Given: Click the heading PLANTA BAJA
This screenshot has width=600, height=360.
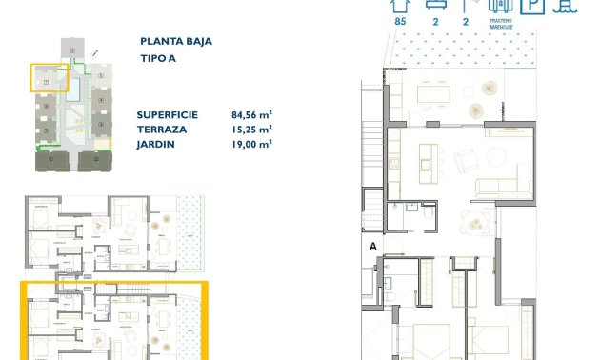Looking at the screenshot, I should click(176, 42).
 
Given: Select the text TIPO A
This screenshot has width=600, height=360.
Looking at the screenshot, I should click(158, 58).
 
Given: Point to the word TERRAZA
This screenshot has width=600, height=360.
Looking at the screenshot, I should click(161, 128).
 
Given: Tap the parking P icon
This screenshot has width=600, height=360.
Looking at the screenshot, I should click(536, 6).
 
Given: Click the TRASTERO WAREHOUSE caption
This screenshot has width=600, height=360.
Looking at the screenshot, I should click(502, 25).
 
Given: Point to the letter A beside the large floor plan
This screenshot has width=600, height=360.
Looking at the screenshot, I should click(373, 247).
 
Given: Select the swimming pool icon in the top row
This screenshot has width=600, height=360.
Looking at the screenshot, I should click(568, 6).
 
